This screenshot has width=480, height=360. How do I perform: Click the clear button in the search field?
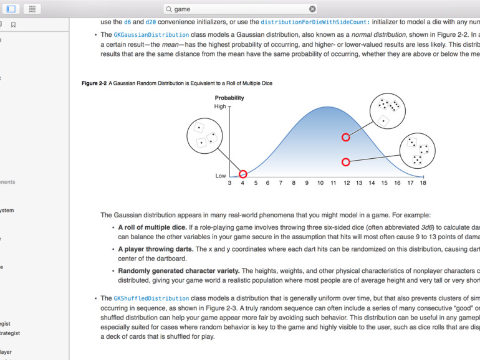pos(312,9)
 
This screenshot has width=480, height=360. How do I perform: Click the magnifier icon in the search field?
pos(169,9)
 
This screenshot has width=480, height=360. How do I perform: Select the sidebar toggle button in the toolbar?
pos(11,9)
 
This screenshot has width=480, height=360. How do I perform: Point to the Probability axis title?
pos(229,98)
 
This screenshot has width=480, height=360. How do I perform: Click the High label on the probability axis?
pos(220,107)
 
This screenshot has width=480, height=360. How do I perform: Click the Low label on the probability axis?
pos(221,176)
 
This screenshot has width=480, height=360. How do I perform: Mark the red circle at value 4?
pos(243,174)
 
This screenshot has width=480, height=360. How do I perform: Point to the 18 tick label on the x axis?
pos(423,183)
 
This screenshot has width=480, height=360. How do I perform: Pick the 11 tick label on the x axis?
pos(333,183)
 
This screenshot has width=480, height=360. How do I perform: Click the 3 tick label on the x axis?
pos(229,183)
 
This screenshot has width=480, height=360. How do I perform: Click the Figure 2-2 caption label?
pos(94,83)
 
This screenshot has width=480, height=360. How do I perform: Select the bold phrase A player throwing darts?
pos(156,249)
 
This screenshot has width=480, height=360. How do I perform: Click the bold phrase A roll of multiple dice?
pos(152,227)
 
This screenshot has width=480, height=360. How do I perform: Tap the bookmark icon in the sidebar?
pos(13,25)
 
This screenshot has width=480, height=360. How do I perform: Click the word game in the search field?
pos(182,9)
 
